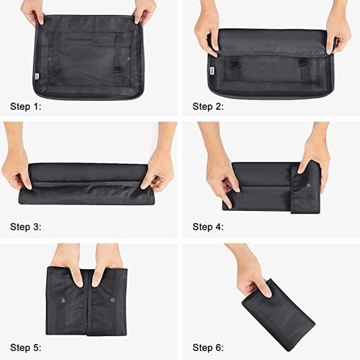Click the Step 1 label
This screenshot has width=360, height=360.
[x=25, y=107]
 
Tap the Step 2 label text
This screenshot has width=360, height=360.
[x=208, y=107]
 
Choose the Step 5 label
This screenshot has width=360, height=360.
[x=25, y=348]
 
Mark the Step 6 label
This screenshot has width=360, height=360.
[x=208, y=348]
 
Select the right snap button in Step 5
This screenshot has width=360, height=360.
[x=112, y=299]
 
